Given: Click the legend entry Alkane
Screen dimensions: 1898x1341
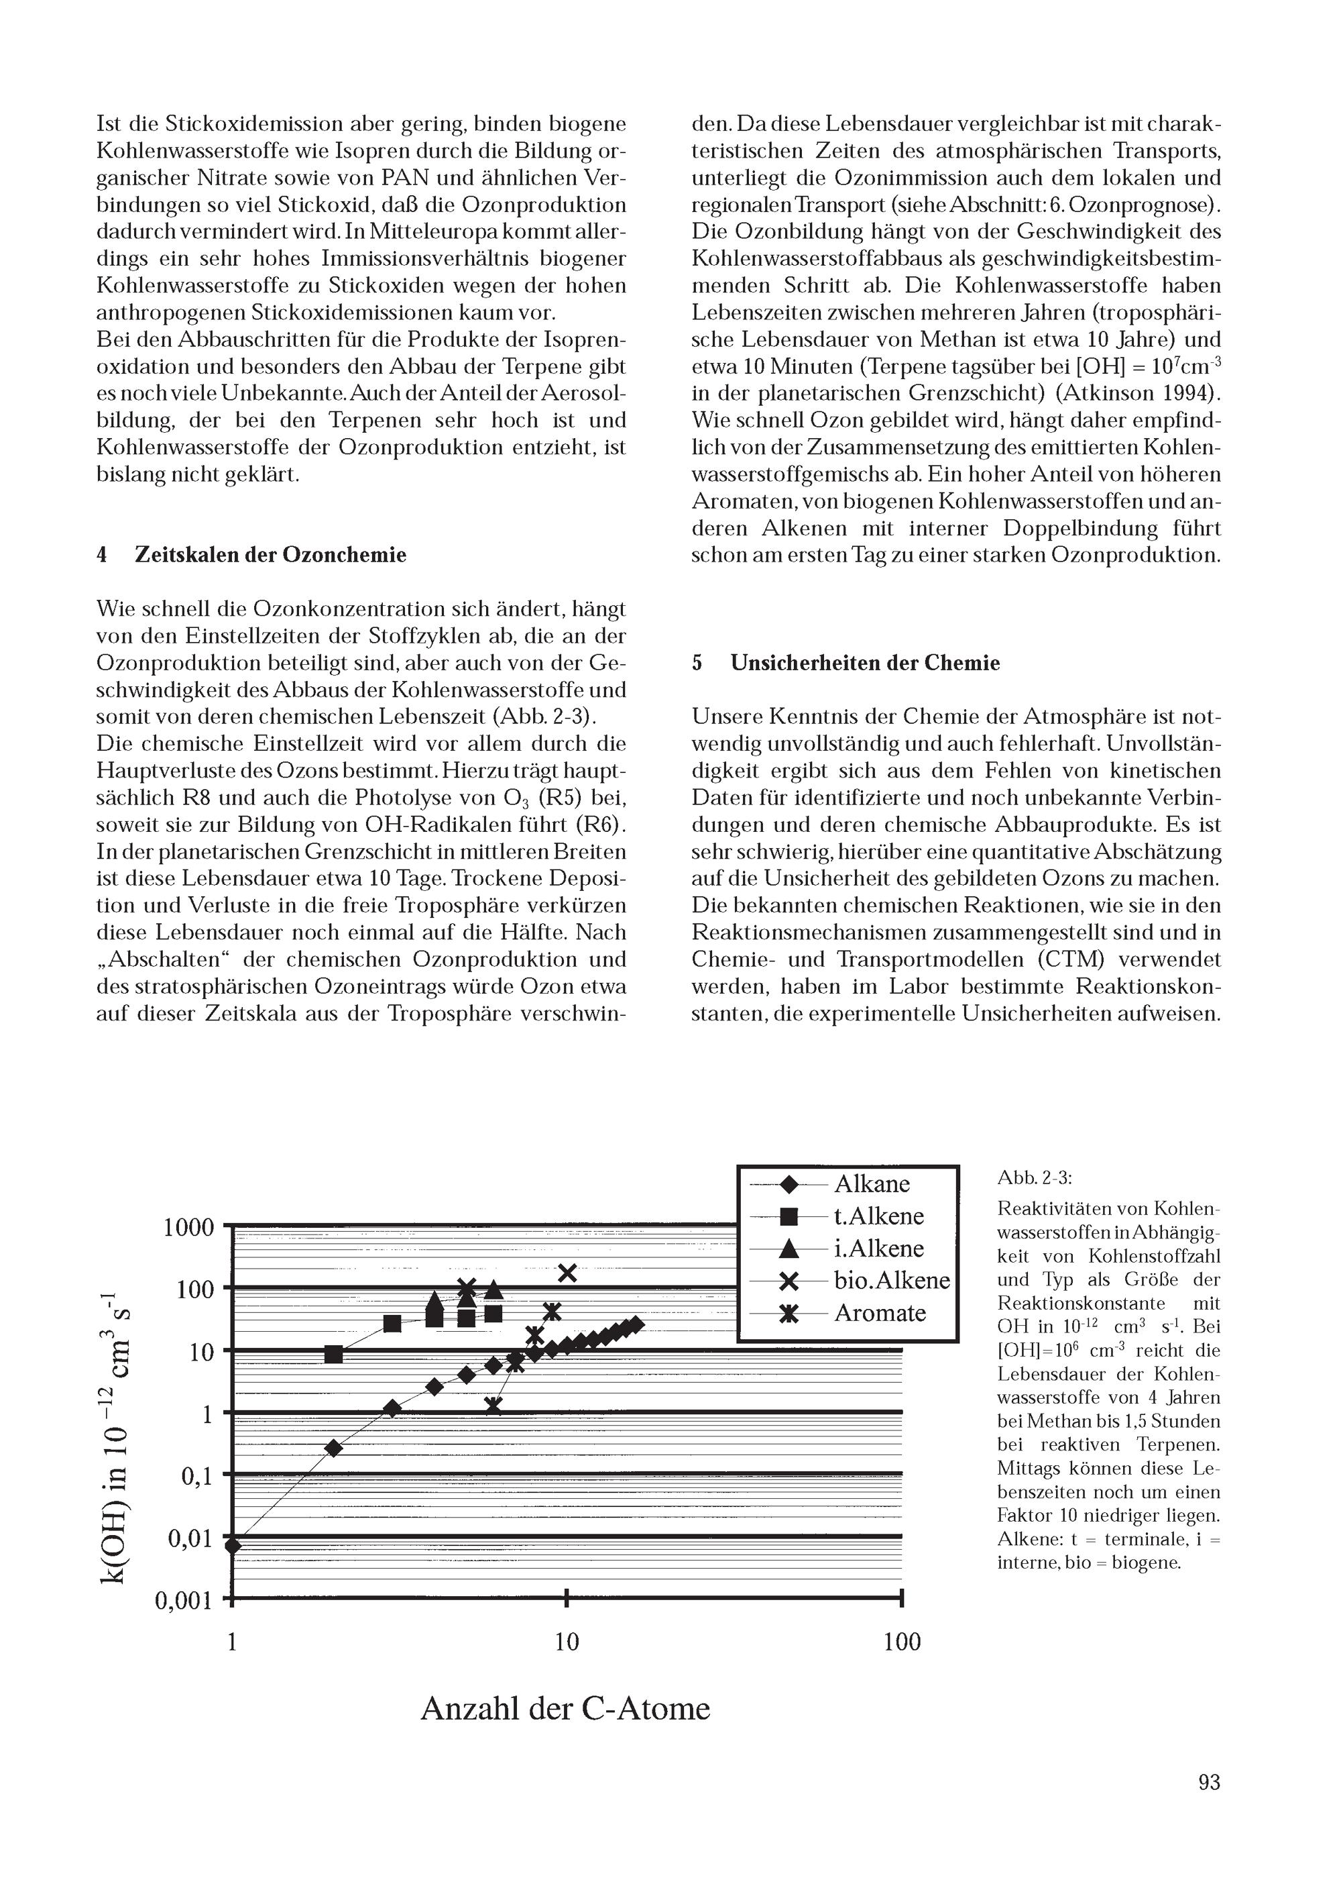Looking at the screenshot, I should click(871, 1183).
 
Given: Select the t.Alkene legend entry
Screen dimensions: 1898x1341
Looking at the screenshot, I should click(878, 1216).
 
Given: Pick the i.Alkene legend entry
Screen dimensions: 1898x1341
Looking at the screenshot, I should click(878, 1249).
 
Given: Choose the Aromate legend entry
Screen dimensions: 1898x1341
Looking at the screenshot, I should click(879, 1313).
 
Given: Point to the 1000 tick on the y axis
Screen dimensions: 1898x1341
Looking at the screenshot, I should click(188, 1228).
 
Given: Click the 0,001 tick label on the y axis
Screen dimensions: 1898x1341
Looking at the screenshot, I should click(184, 1601).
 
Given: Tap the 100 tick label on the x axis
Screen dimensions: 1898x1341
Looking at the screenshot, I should click(901, 1642).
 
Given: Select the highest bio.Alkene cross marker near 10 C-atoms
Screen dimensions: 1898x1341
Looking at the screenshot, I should click(567, 1273).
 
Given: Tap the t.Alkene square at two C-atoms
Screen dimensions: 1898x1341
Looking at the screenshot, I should click(334, 1354).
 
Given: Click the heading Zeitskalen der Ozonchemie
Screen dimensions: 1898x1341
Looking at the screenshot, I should click(270, 554).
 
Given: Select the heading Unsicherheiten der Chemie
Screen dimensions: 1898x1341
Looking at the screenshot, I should click(864, 663).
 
